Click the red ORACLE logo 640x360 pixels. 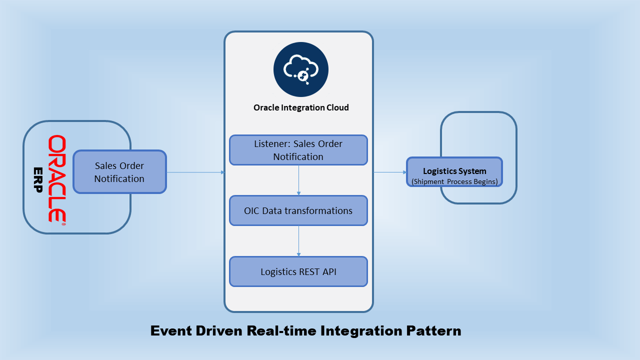pos(56,178)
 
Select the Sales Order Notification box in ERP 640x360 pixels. pos(119,172)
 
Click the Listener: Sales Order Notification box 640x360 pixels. pos(298,150)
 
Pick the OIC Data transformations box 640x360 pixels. pos(298,210)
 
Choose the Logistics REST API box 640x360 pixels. pos(298,271)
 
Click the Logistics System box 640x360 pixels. pos(454,172)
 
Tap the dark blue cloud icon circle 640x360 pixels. pos(300,69)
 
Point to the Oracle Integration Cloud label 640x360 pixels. pos(301,107)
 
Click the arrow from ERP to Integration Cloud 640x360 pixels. pos(195,172)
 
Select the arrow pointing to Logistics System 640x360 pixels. pos(390,172)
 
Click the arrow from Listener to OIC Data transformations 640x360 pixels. pos(298,180)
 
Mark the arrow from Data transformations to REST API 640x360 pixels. pos(298,241)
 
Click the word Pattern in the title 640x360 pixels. pos(433,331)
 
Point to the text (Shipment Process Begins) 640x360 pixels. pos(454,181)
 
